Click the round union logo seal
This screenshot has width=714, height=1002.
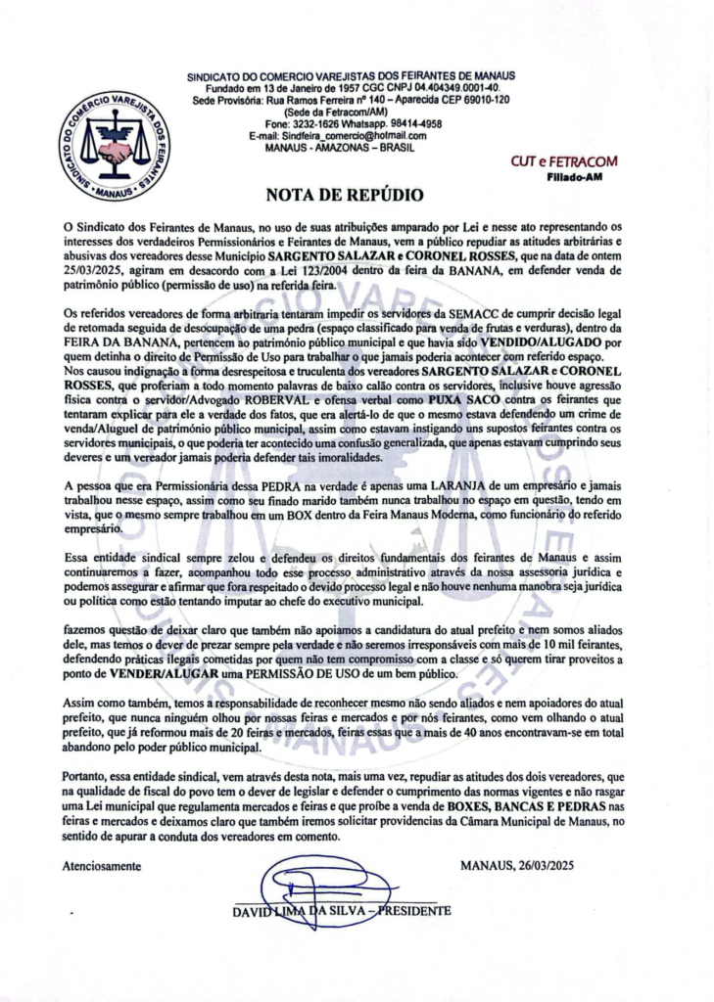[114, 145]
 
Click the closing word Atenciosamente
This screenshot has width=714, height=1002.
[102, 866]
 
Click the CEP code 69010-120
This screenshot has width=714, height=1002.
[473, 100]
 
